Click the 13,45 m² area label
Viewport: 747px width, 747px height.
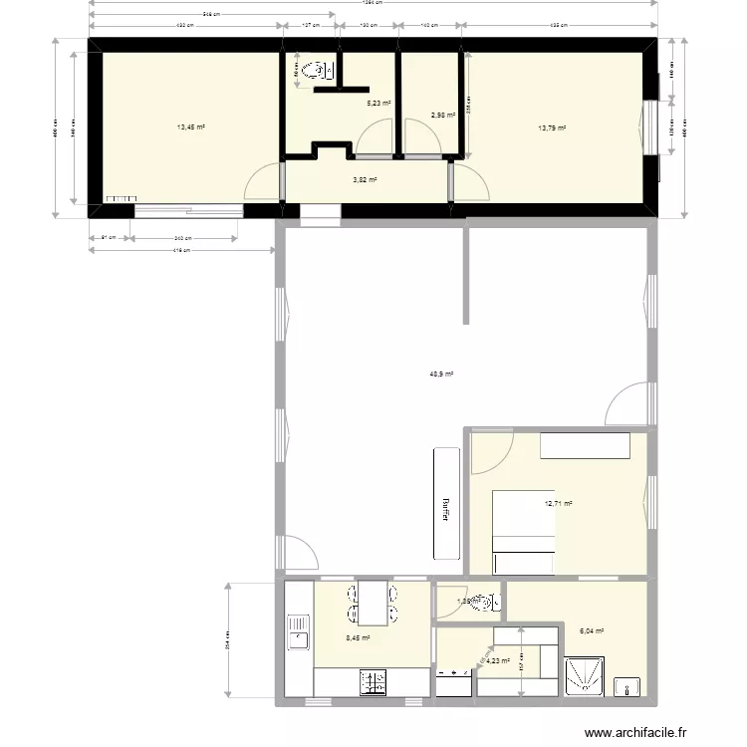point(190,127)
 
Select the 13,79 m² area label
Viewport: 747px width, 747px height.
point(552,127)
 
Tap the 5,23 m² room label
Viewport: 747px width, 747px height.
point(378,103)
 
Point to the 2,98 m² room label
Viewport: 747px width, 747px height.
point(442,116)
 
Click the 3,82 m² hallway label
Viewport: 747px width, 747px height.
point(365,179)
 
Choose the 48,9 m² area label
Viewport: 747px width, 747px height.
point(441,374)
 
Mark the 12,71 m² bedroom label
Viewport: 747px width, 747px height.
point(559,504)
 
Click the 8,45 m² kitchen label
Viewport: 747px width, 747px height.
point(359,638)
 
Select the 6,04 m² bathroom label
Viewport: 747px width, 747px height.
point(593,630)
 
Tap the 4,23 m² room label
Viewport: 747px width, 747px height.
point(498,659)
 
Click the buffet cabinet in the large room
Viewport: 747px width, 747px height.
point(446,504)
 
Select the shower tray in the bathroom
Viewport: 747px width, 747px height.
point(584,678)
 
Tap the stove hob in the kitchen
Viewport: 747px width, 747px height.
point(373,682)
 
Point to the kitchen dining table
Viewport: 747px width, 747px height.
point(373,602)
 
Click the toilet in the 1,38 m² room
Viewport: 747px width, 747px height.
point(485,603)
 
